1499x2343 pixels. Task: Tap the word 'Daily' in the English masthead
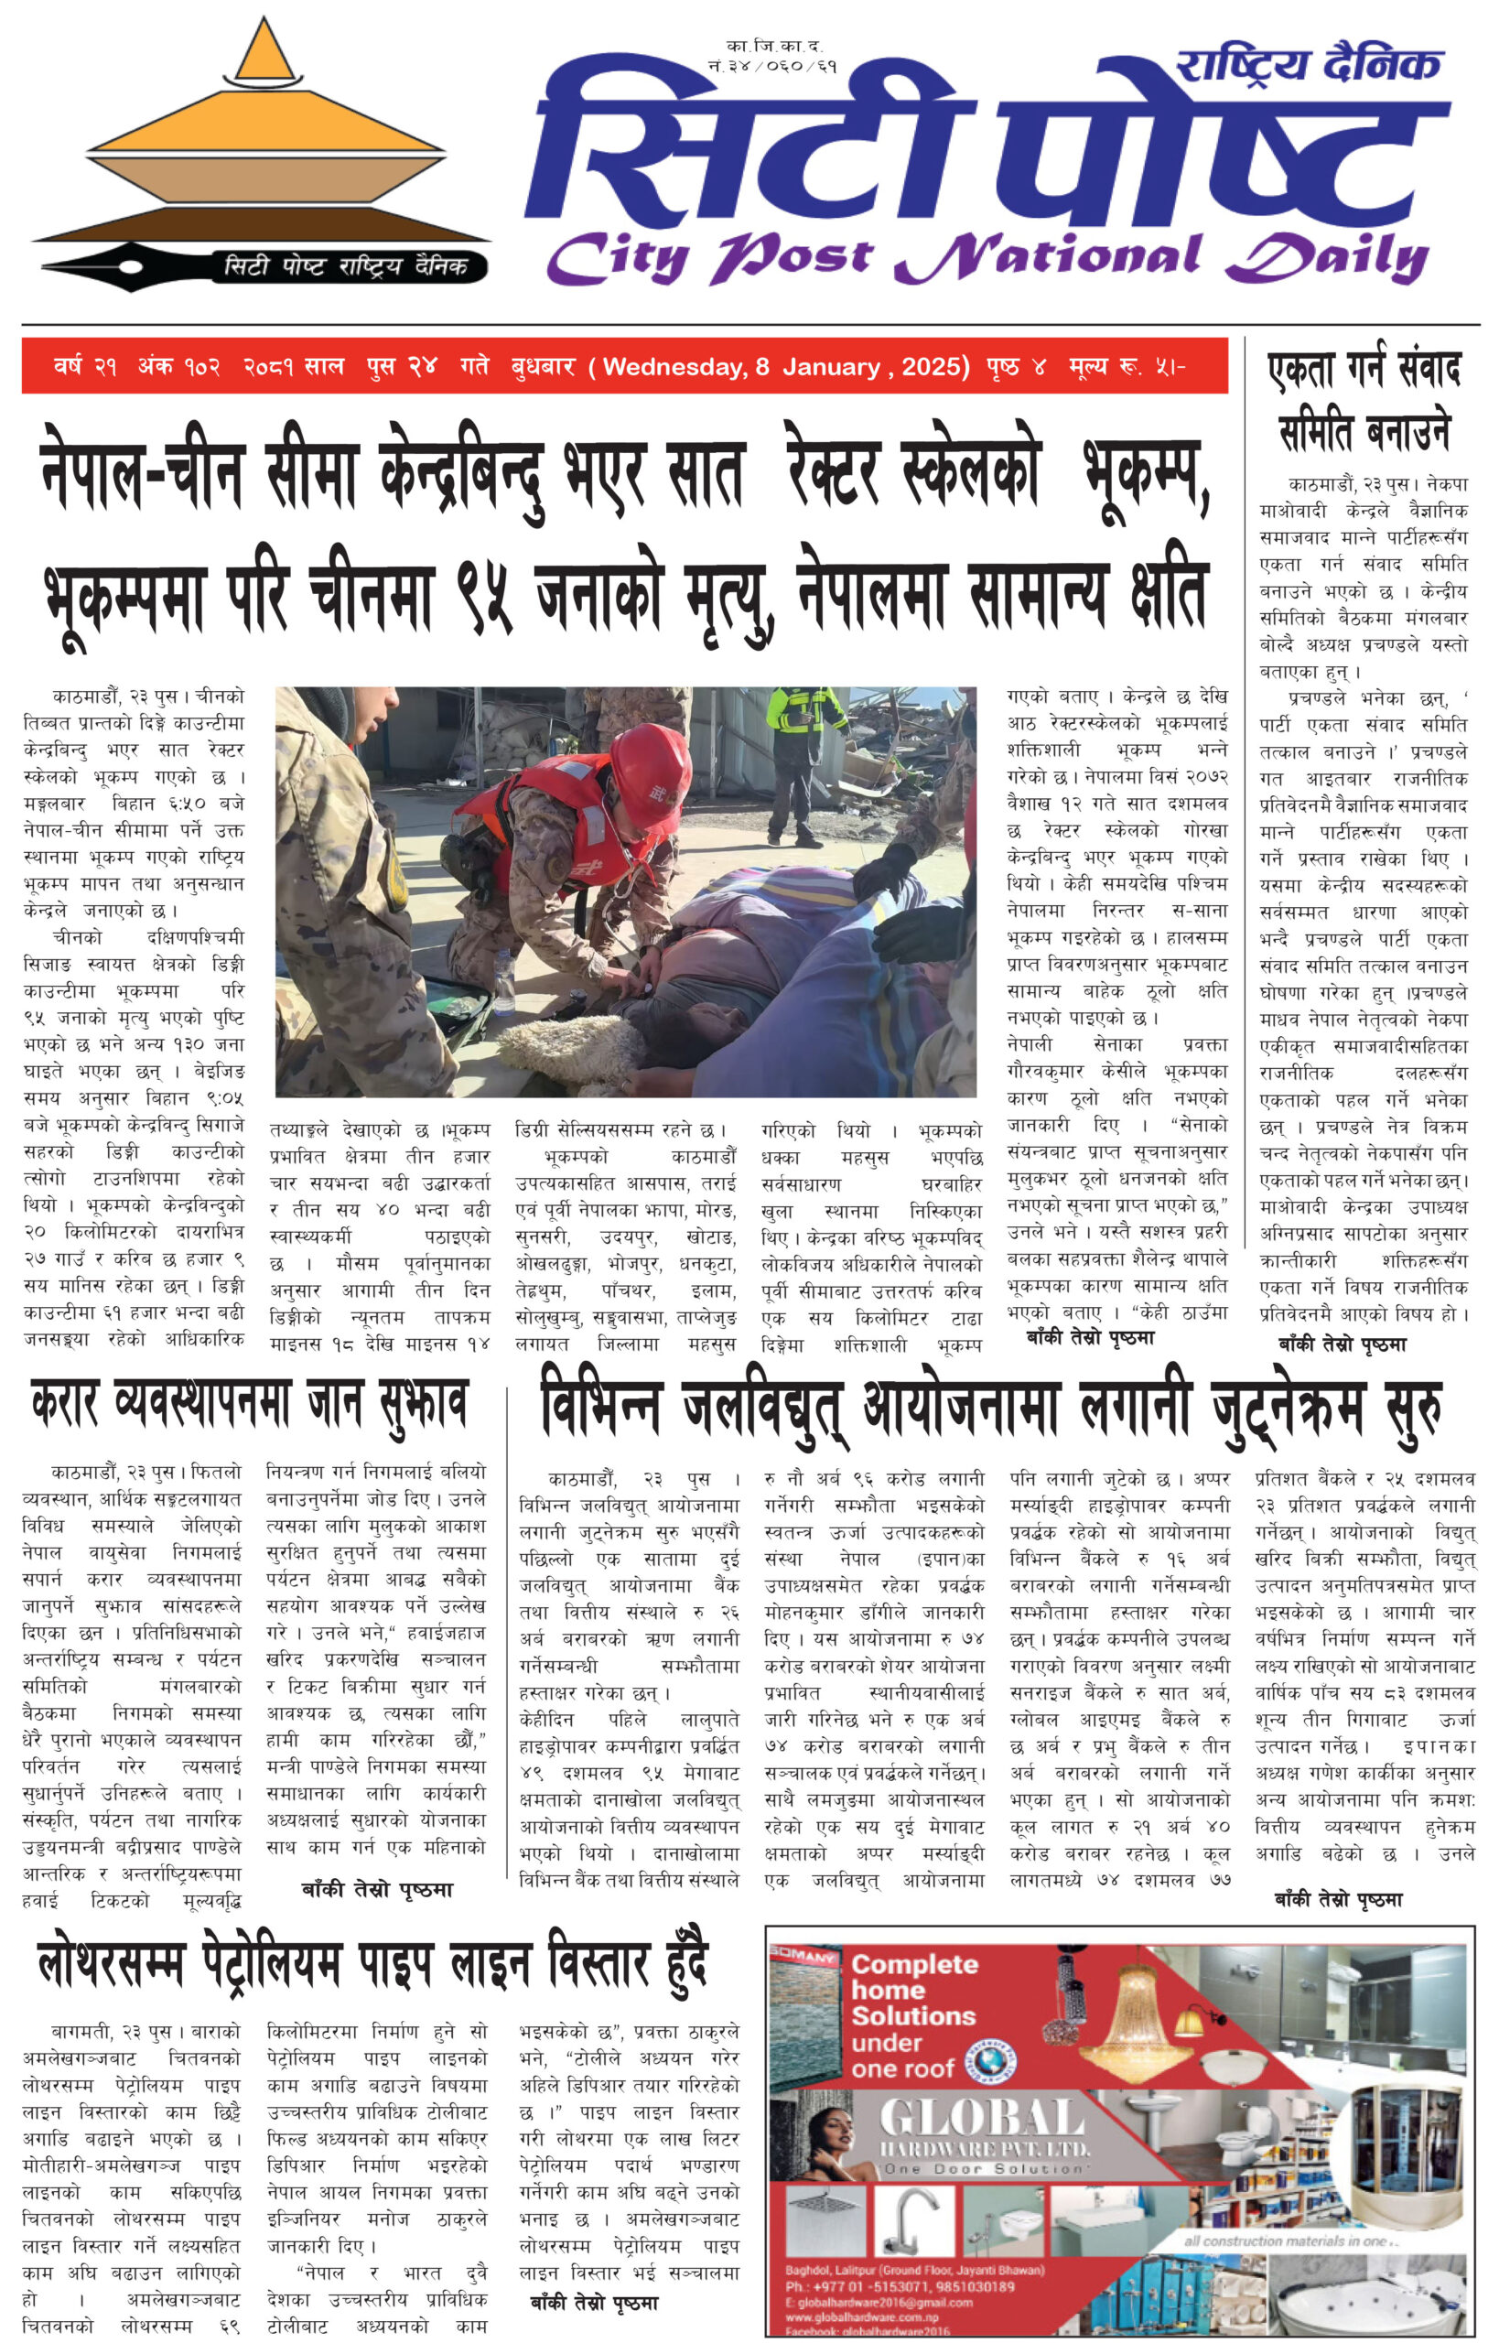(x=1328, y=257)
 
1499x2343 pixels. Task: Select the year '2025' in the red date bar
(x=930, y=367)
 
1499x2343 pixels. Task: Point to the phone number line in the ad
(x=900, y=2285)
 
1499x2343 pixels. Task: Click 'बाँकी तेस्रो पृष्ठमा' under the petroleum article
(x=594, y=2303)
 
